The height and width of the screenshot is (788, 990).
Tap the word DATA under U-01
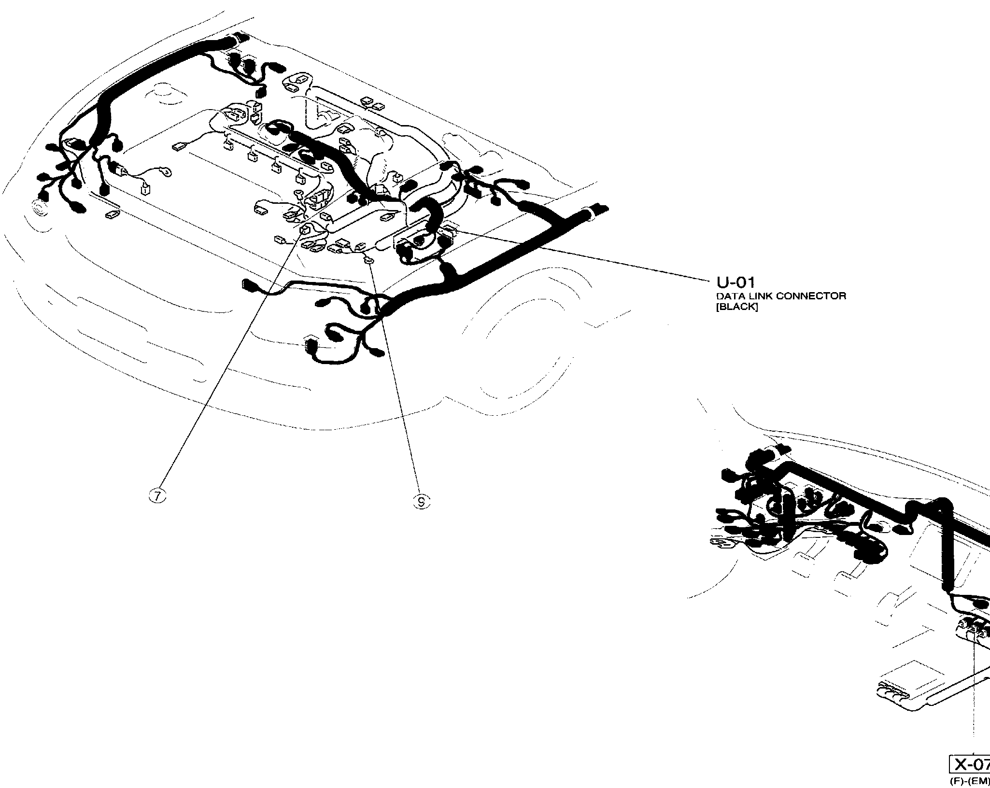click(727, 296)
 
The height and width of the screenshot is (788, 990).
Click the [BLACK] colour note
click(737, 307)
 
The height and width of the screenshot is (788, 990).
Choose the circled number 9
click(422, 503)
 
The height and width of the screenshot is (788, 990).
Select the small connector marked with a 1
click(143, 189)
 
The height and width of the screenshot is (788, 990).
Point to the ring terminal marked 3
click(166, 171)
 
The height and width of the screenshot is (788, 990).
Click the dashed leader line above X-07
click(975, 695)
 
